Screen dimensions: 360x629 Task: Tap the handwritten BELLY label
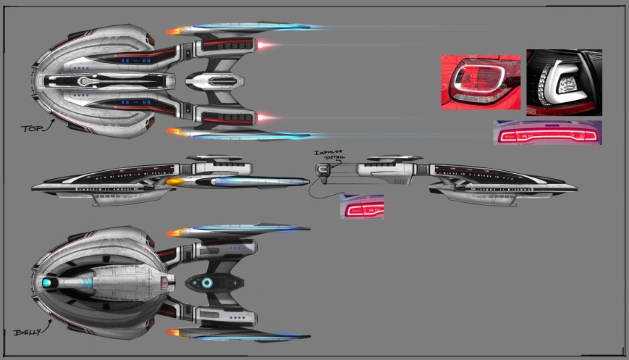(x=26, y=332)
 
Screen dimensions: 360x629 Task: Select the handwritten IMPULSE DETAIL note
(x=326, y=155)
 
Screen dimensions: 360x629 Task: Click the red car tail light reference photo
(x=481, y=81)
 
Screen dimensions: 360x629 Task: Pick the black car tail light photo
(x=564, y=82)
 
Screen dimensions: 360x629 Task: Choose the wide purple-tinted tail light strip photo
(x=547, y=133)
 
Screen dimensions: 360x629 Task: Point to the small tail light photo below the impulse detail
(x=362, y=206)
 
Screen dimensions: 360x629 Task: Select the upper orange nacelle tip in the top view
(x=174, y=30)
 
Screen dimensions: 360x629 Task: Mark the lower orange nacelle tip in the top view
(x=174, y=132)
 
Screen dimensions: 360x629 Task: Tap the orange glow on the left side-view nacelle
(x=175, y=183)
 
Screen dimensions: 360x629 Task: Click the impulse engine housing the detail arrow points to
(x=323, y=172)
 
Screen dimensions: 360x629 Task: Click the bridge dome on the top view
(x=86, y=81)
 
